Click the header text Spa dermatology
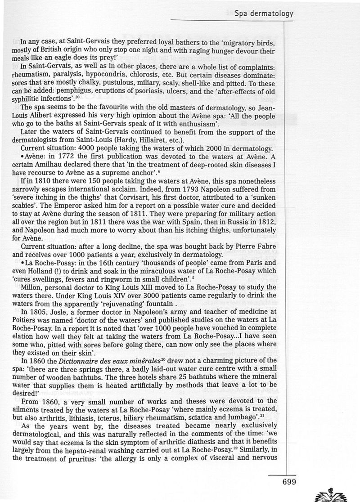[264, 13]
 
